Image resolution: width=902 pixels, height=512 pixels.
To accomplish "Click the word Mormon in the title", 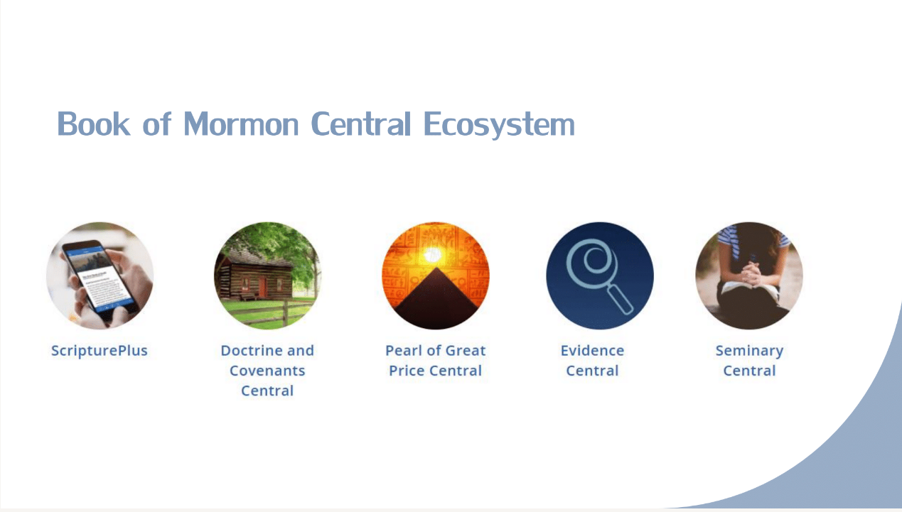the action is click(x=241, y=124).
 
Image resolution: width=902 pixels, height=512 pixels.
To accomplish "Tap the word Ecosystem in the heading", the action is click(x=499, y=125).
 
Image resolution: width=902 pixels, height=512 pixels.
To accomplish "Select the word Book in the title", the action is click(x=93, y=124).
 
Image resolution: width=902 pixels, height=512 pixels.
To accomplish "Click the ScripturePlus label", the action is click(x=100, y=351).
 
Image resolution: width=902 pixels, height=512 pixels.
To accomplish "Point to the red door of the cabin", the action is click(x=262, y=286).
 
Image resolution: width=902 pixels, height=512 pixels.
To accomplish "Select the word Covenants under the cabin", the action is click(x=267, y=371).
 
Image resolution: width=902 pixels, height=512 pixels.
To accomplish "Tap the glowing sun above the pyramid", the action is click(x=433, y=254).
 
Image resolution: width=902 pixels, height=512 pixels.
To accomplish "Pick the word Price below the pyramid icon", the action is click(x=407, y=371).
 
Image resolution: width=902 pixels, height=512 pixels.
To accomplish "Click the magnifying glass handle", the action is click(x=620, y=300).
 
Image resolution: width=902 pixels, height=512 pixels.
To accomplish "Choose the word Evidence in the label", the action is click(x=592, y=351).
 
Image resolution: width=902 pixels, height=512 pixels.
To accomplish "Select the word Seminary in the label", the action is click(x=749, y=351).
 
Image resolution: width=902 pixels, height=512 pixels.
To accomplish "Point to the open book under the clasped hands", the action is click(x=750, y=290).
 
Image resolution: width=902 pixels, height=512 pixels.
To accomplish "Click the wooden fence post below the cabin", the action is click(x=285, y=314).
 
